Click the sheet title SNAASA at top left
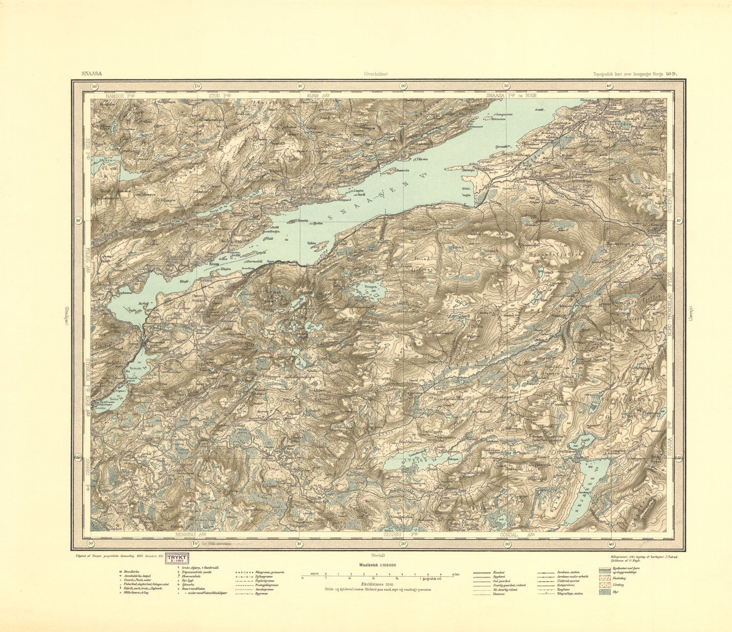[x=92, y=73]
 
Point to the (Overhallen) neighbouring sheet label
[x=376, y=73]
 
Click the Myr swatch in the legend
[x=604, y=592]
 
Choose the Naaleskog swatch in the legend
[x=604, y=577]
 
